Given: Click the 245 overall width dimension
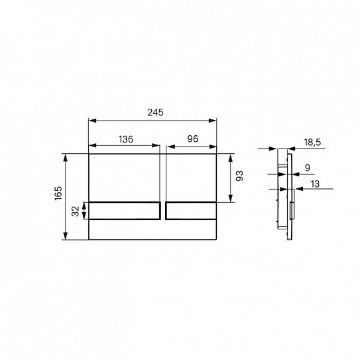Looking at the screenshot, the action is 155,113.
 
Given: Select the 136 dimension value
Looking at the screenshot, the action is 126,139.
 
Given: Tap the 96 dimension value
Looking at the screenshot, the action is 193,139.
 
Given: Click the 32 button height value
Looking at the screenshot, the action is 76,211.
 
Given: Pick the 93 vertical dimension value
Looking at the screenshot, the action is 239,176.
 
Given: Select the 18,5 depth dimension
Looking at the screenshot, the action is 312,143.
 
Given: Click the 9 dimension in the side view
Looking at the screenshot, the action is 307,168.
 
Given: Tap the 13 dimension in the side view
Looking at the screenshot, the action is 315,184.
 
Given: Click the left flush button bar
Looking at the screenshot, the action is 125,211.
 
